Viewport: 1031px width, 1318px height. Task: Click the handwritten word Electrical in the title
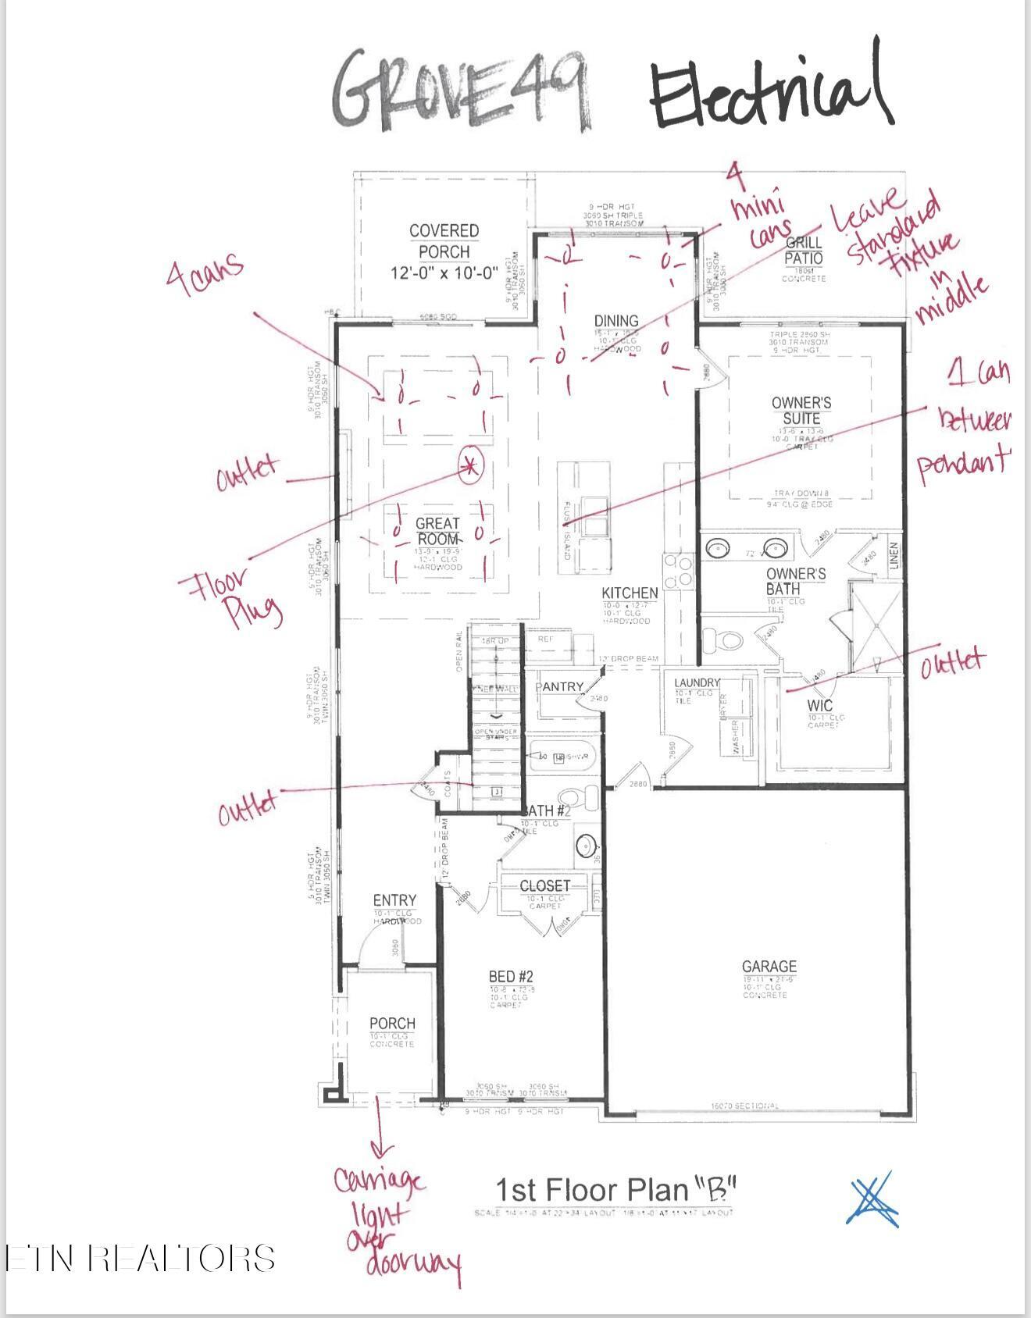769,90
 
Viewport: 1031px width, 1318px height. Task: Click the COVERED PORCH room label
444,242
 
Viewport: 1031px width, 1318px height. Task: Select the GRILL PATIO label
803,251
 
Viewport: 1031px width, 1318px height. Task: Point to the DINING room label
616,321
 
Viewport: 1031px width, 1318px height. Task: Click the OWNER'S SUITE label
801,411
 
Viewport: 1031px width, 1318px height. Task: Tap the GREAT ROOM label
437,531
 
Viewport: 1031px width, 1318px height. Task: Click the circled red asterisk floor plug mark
470,466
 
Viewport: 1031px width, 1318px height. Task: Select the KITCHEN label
630,593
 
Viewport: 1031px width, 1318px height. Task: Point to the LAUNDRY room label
697,683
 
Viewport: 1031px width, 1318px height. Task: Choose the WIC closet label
820,705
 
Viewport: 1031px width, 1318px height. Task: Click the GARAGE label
769,967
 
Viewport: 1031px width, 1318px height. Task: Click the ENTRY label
394,900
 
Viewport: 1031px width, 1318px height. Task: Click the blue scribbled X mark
872,1199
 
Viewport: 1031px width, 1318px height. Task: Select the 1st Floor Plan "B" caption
616,1190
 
